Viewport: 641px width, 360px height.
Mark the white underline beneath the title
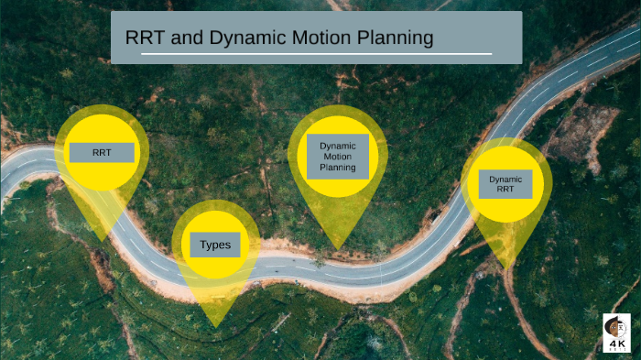coord(316,54)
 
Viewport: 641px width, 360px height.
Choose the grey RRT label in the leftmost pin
coord(102,152)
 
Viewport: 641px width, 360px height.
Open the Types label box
coord(215,245)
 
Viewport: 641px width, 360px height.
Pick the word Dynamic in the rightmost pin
coord(505,180)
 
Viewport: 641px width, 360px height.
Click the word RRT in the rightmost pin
coord(505,191)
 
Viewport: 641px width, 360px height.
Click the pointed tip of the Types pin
coord(215,326)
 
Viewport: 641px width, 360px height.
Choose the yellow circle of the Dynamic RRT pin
coord(505,207)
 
